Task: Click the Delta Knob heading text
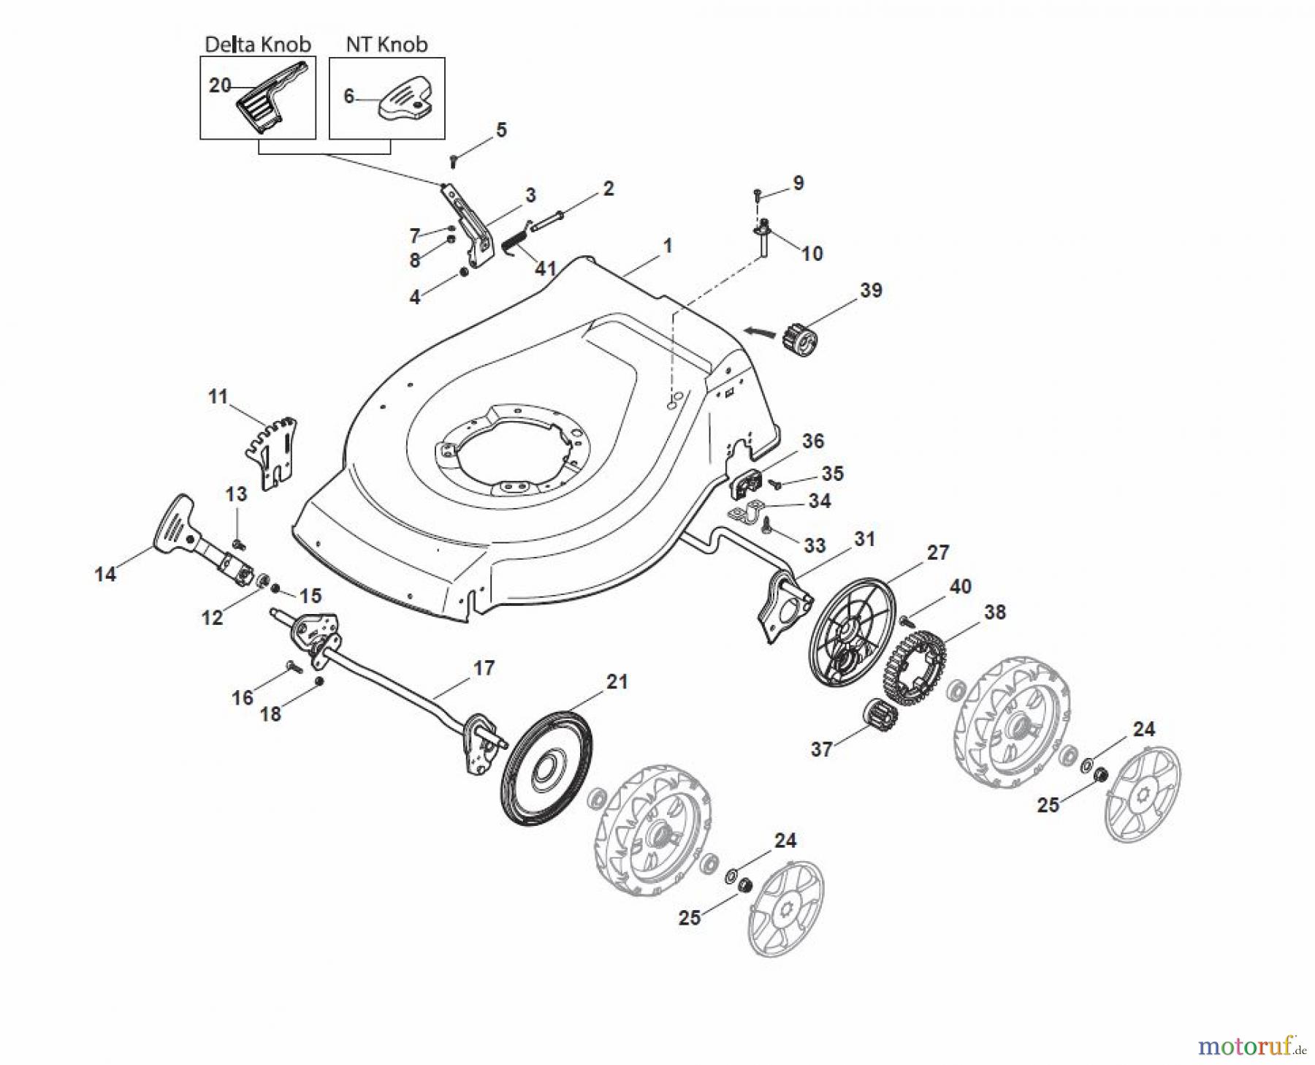[257, 45]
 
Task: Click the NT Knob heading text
[386, 45]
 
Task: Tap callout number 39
[871, 290]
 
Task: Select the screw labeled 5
[454, 159]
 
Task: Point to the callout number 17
[484, 668]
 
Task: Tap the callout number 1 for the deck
[667, 246]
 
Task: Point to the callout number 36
[812, 441]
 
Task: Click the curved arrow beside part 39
[761, 331]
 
